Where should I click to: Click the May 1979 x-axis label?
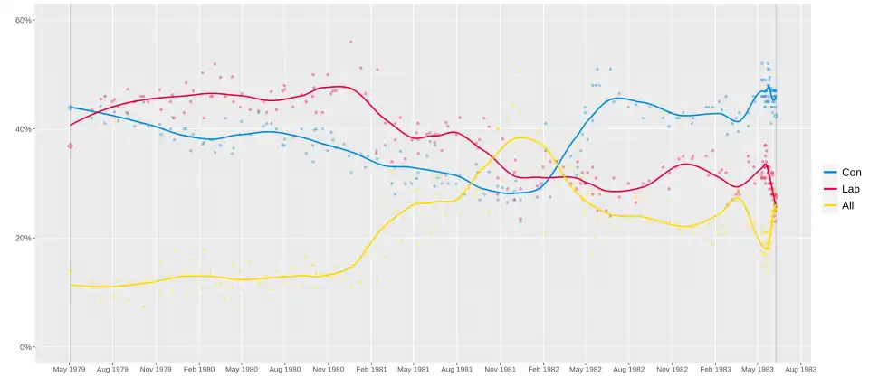70,370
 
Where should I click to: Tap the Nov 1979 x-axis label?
157,370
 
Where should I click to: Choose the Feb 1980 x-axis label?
199,370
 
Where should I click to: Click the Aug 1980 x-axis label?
285,370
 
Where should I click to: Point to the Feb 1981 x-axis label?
371,370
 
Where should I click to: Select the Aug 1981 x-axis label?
457,370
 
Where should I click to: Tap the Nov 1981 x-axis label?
501,370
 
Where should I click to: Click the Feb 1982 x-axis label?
543,370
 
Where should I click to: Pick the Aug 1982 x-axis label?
629,370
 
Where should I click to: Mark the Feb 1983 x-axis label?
715,370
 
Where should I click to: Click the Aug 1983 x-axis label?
800,370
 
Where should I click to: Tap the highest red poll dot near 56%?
350,42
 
